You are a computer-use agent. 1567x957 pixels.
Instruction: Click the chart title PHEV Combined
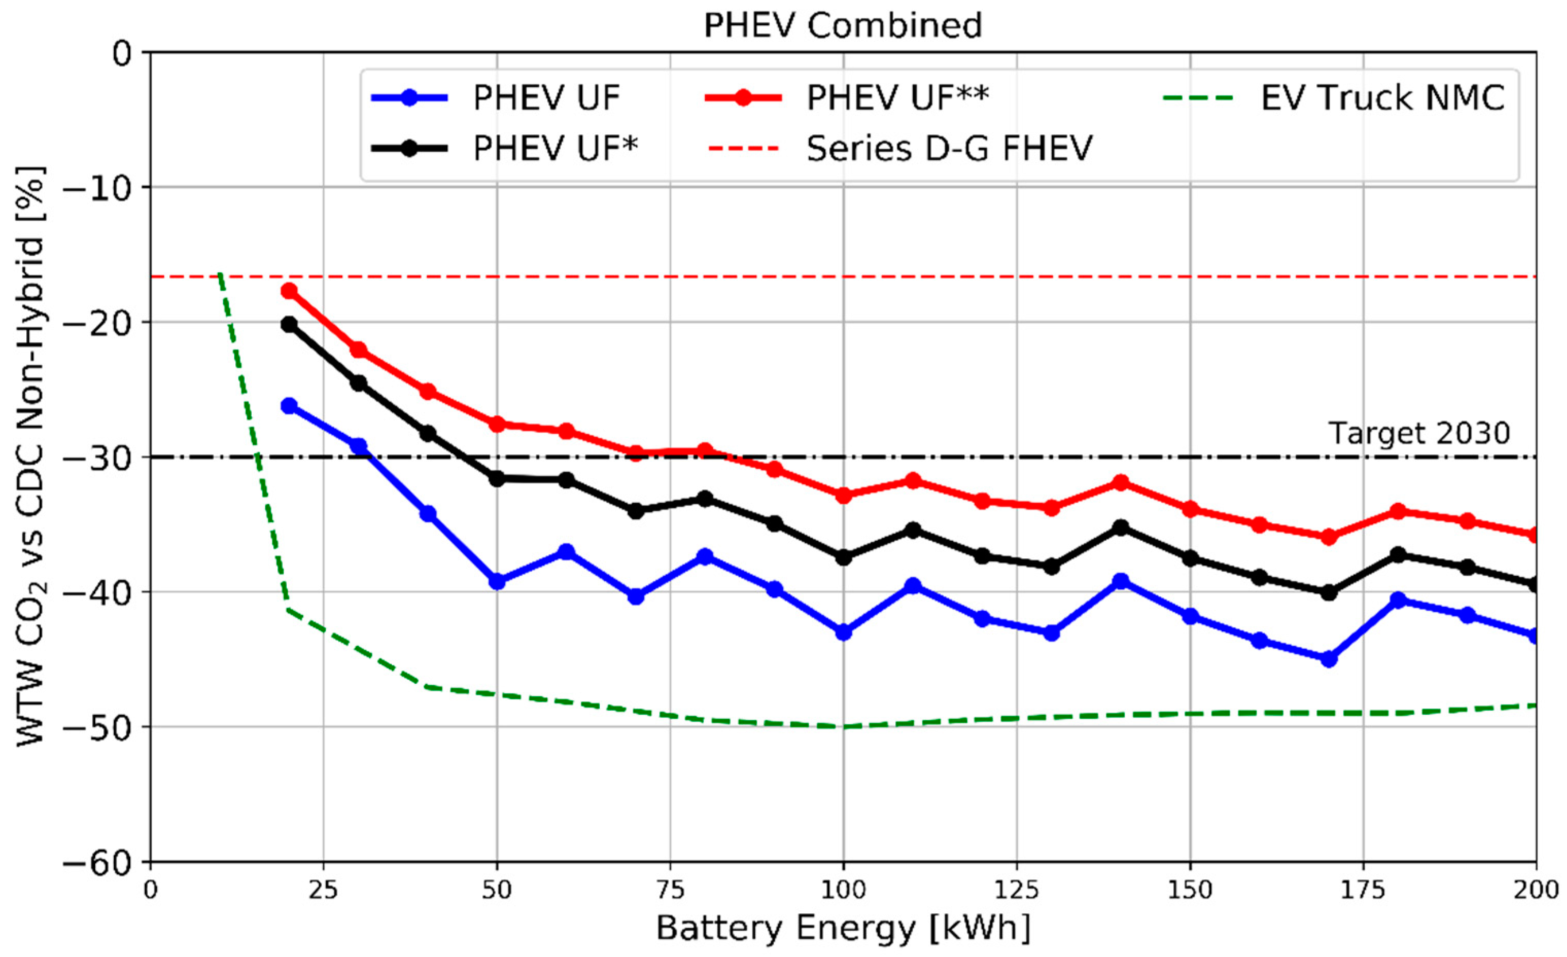(x=843, y=25)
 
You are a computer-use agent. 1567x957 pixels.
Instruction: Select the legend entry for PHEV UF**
(x=897, y=98)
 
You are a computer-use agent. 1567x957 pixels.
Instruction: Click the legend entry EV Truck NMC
(x=1383, y=98)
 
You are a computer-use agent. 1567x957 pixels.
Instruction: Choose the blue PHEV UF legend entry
(x=546, y=98)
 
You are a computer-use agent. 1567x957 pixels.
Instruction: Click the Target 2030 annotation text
(x=1419, y=433)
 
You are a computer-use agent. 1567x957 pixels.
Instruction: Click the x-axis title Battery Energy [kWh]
(x=843, y=929)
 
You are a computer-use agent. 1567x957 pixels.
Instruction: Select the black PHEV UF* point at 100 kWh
(x=843, y=557)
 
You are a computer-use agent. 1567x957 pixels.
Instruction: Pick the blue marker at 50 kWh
(x=497, y=581)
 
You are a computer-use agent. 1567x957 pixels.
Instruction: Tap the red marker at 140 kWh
(x=1121, y=482)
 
